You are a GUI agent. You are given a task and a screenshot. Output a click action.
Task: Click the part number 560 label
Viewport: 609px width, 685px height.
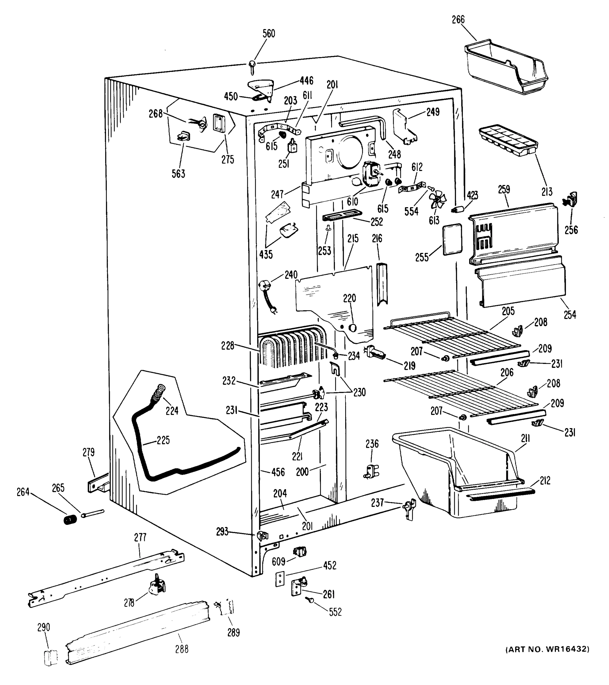[268, 33]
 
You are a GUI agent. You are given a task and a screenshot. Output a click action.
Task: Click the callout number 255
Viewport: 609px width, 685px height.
[422, 257]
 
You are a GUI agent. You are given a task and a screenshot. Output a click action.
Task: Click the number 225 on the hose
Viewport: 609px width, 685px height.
[163, 440]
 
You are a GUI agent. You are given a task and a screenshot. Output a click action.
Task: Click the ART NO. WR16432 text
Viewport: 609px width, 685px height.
[547, 658]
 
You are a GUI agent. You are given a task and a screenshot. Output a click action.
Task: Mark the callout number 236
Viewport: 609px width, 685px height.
[372, 444]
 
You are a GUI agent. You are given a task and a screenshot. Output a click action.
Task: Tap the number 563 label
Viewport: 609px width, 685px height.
[178, 174]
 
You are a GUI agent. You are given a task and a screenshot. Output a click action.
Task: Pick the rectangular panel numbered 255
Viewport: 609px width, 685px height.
[452, 239]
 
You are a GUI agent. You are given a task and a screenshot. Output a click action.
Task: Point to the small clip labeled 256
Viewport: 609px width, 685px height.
[571, 200]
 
